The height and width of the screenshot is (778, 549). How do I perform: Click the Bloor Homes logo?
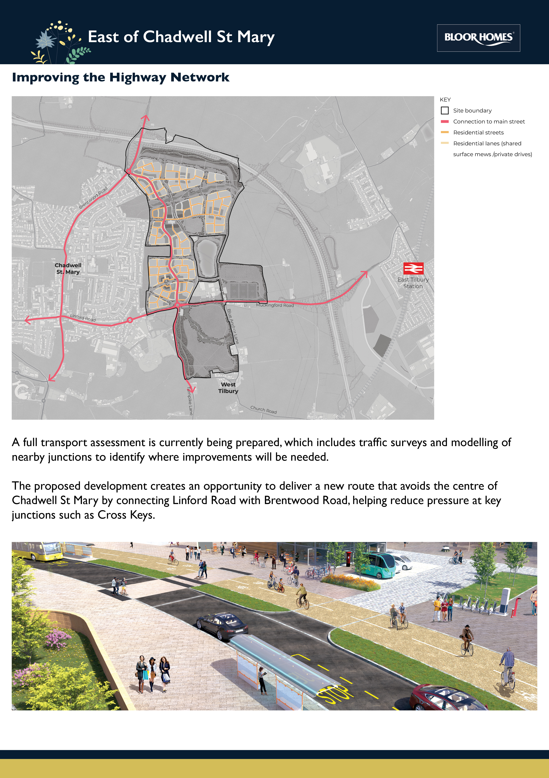point(478,38)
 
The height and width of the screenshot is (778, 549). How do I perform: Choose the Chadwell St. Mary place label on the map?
point(68,268)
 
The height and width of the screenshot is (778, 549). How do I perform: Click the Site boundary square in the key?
point(445,110)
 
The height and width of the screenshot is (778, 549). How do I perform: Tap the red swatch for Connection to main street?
point(445,121)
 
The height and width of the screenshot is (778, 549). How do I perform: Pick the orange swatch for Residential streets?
point(445,132)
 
